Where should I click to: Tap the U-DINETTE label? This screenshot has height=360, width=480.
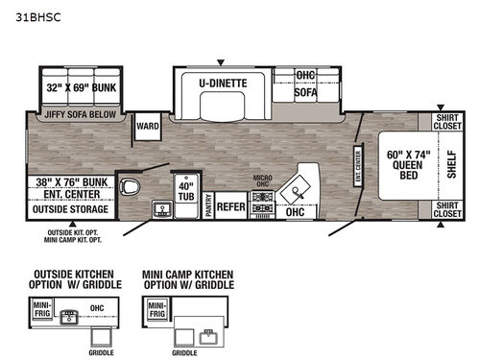coord(223,84)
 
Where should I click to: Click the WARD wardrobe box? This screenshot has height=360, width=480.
coord(147,126)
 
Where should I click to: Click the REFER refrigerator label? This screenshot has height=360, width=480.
coord(230,205)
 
